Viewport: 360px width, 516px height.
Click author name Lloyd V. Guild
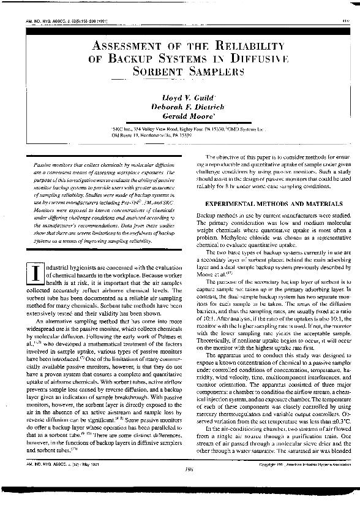180,97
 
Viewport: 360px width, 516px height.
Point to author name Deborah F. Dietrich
180,106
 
